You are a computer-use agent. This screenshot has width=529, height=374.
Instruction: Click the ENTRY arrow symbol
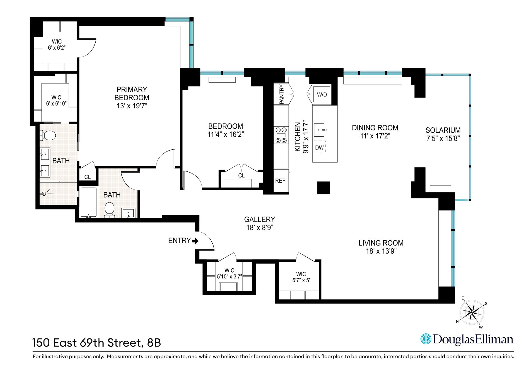tap(195, 241)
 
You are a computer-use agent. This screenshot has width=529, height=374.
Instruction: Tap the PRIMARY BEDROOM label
tap(132, 93)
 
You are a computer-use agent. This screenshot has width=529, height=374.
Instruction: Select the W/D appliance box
tap(322, 95)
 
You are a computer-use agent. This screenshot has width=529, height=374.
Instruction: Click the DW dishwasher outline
tap(320, 148)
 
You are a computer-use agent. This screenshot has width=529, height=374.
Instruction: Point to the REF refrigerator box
tap(280, 181)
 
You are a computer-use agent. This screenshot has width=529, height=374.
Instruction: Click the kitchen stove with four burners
tap(280, 135)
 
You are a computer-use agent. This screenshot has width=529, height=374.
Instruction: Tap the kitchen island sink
tap(320, 130)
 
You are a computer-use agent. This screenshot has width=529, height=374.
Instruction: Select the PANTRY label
tap(282, 94)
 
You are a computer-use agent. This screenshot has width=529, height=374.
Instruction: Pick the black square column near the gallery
tap(323, 188)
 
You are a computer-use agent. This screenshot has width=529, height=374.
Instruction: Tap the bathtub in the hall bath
tap(88, 203)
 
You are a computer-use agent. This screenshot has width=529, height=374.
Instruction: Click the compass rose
tap(472, 313)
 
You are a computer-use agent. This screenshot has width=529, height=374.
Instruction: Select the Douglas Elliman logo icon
tap(425, 339)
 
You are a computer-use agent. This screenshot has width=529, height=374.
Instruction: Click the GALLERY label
tap(260, 219)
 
